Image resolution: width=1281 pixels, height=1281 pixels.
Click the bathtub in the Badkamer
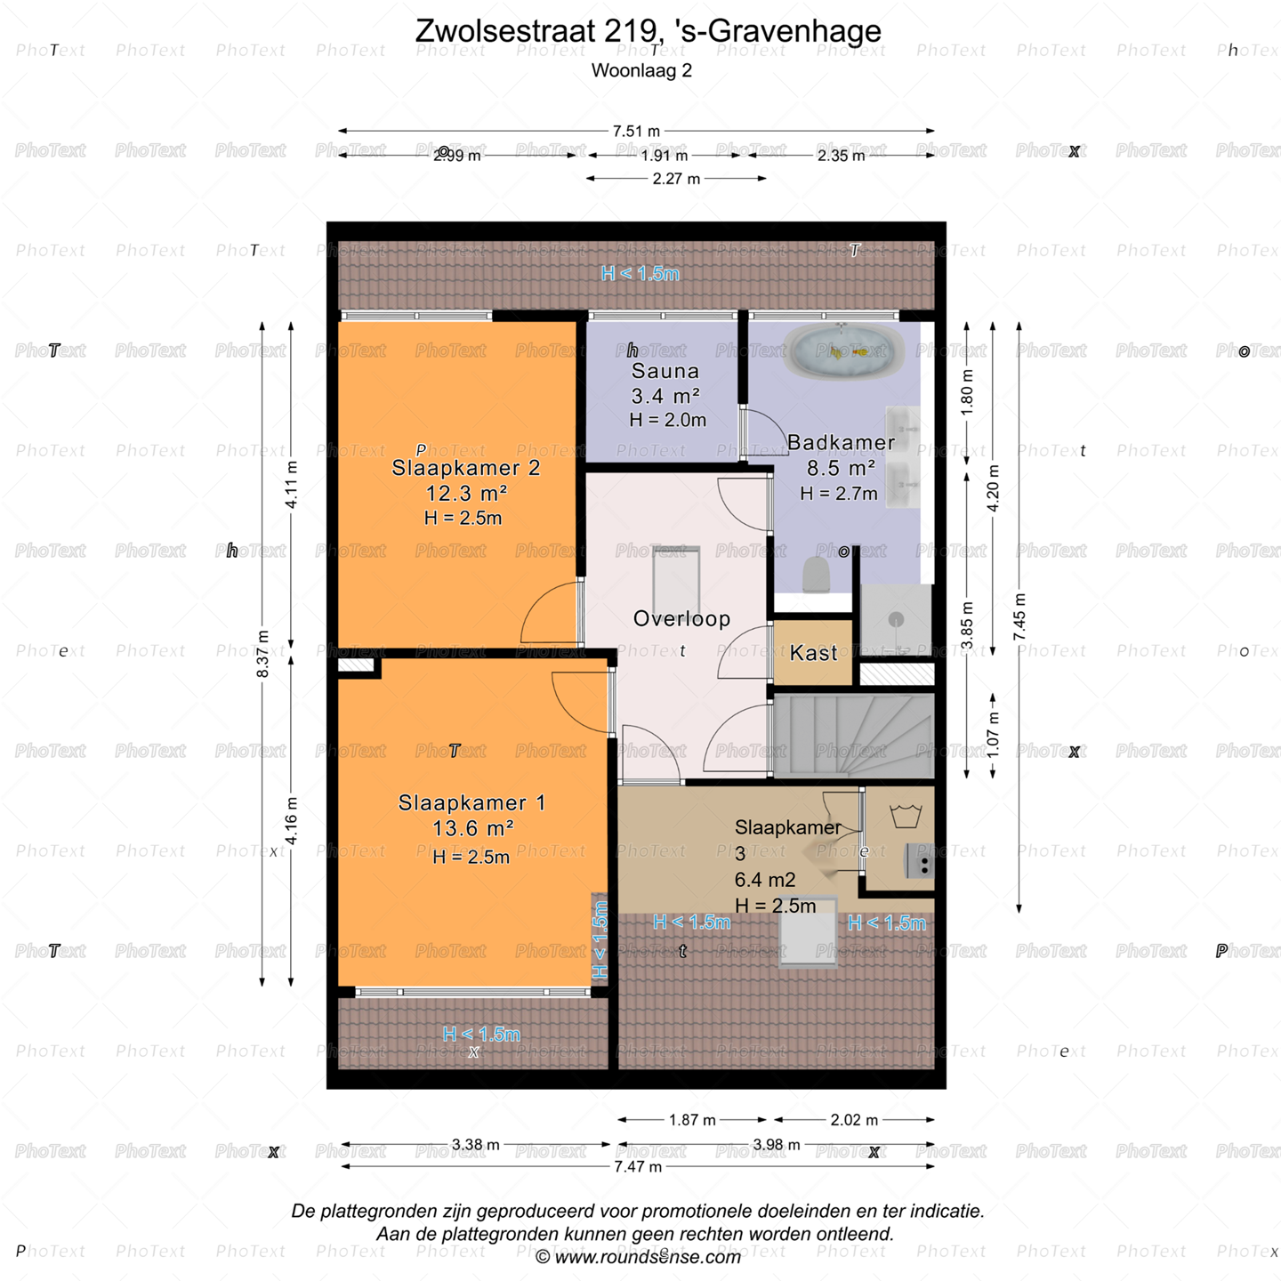[843, 352]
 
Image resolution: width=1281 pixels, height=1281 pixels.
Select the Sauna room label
[665, 371]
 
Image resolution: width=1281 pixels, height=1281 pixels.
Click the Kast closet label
[814, 653]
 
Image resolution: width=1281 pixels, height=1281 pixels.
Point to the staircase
[854, 736]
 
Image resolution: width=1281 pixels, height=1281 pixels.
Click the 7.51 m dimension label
[636, 131]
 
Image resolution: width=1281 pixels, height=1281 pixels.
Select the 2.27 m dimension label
[676, 178]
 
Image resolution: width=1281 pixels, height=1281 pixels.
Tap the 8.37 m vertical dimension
[263, 654]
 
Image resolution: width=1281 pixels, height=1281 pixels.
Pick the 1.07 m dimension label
[993, 735]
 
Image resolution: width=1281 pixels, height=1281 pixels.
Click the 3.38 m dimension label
[475, 1144]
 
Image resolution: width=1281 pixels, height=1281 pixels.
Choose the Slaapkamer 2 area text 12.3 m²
[466, 493]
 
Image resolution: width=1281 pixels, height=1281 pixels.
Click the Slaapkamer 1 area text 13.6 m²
[472, 828]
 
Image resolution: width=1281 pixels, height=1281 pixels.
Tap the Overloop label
[681, 618]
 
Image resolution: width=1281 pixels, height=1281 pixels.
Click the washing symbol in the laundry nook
[906, 816]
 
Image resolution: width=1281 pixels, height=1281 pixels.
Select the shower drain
[896, 619]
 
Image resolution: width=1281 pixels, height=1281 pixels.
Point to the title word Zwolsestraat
[505, 30]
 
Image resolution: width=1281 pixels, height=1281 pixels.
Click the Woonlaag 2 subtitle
[641, 70]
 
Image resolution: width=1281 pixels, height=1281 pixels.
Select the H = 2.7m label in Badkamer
[838, 493]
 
